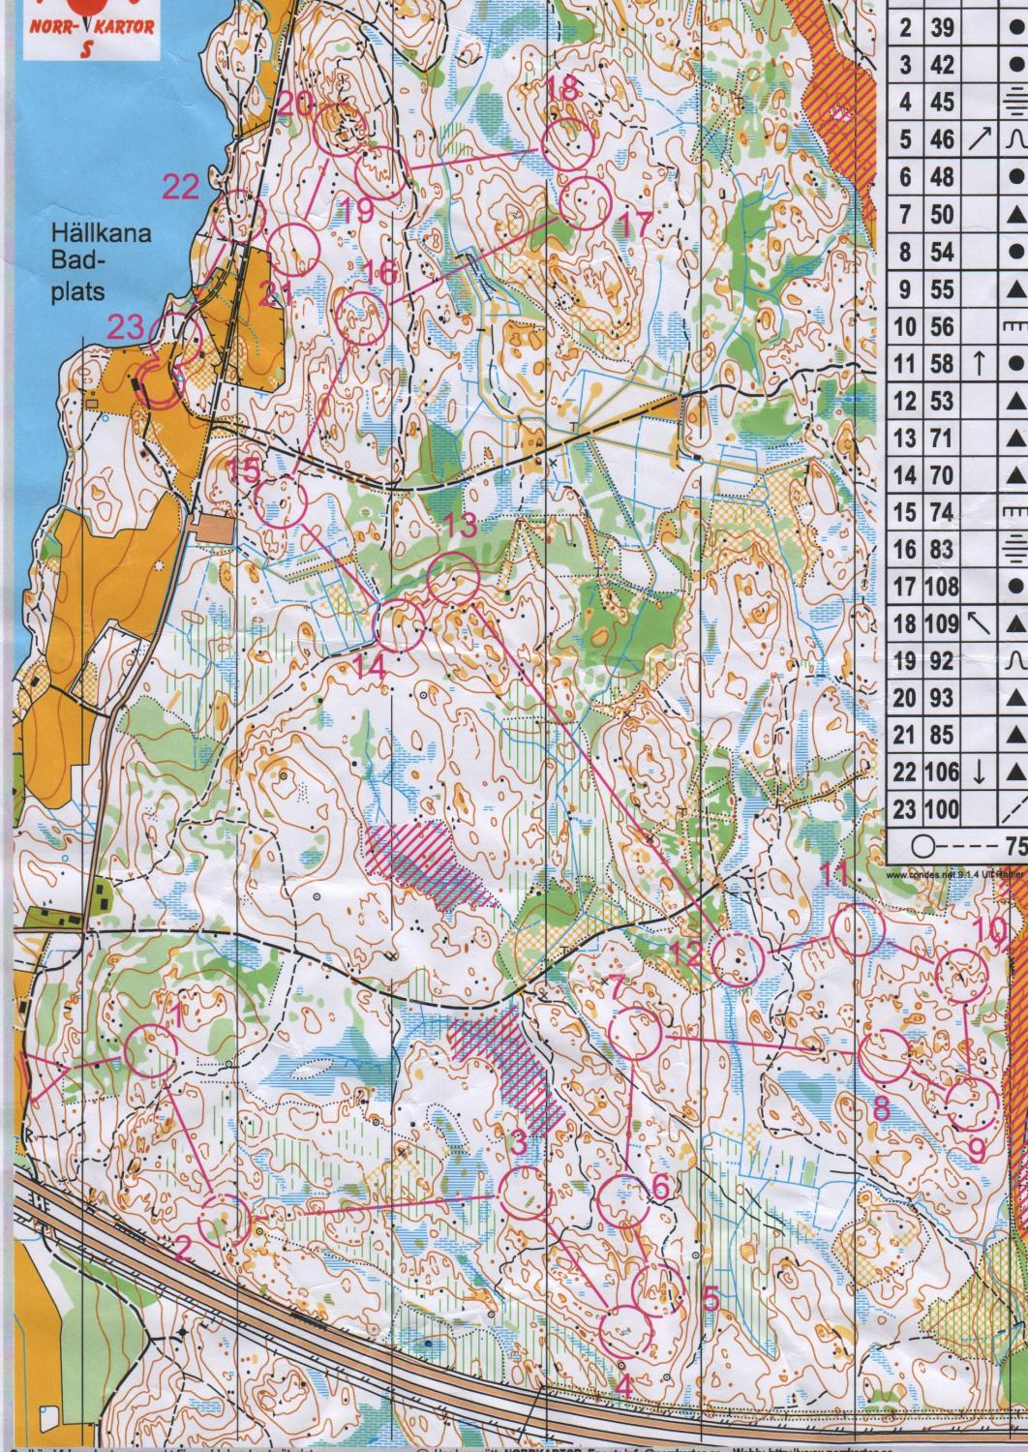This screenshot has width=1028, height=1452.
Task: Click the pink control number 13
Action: pos(461,529)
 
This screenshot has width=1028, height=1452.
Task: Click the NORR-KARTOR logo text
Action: pos(93,28)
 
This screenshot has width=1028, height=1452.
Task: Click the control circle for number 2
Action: pos(226,1217)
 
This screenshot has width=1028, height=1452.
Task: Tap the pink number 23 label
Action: pos(126,329)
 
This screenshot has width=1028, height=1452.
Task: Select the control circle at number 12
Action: pos(739,959)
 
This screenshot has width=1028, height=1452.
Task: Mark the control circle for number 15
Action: pos(281,501)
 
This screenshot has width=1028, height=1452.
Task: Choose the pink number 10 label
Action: pos(989,929)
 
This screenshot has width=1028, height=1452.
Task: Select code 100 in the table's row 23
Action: pos(941,809)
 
